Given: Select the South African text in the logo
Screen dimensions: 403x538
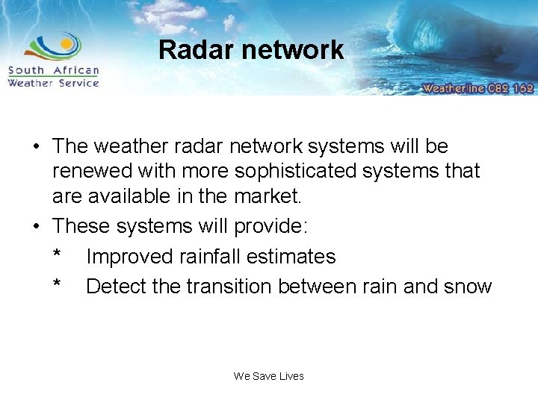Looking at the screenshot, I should coord(53,71).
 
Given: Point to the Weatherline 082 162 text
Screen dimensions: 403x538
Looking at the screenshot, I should coord(477,87).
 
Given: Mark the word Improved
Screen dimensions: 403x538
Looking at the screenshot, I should coord(129,257).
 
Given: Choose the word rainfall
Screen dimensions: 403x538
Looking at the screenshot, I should coord(210,257).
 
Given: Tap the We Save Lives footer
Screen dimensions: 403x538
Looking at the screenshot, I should coord(269,376).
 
